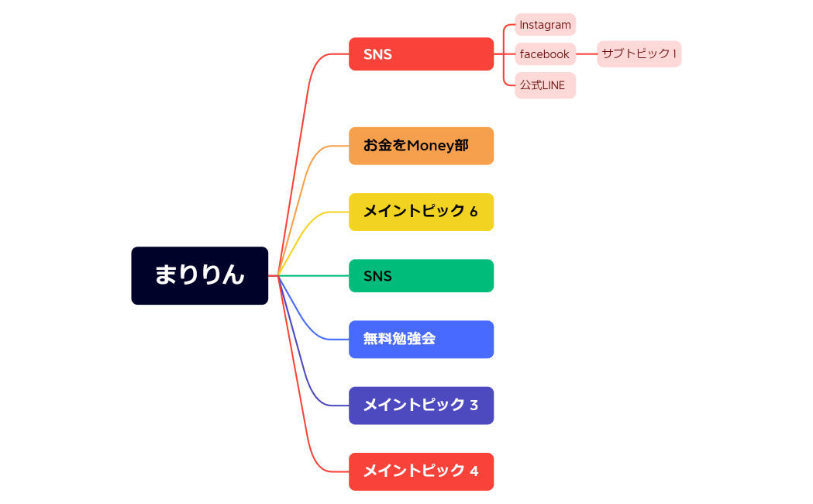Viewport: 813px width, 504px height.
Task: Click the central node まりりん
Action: coord(199,275)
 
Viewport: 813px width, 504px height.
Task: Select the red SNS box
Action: coord(421,54)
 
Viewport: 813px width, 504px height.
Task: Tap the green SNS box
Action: coord(421,276)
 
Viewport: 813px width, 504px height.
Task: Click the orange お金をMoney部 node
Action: coord(421,146)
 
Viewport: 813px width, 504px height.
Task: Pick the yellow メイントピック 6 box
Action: coord(421,212)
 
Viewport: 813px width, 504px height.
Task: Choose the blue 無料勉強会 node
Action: coord(421,340)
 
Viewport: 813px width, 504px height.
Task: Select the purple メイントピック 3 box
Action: coord(421,406)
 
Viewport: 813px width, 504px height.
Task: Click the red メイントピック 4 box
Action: coord(421,471)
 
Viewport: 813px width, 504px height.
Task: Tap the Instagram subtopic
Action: coord(545,25)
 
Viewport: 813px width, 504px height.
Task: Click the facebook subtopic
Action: coord(545,54)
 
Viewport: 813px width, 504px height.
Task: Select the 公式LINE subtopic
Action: coord(545,85)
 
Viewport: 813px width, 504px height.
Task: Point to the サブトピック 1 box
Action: coord(639,54)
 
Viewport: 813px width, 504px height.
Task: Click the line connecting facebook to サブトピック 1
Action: coord(587,54)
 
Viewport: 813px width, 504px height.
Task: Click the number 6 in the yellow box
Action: coord(474,212)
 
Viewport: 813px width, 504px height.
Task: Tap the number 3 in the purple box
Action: coord(474,406)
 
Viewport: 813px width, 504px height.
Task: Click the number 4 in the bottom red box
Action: coord(474,471)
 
